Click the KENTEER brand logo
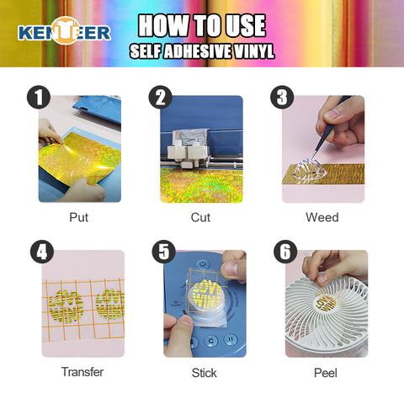click(x=64, y=31)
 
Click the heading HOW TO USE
click(x=202, y=26)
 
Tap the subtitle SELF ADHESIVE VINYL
click(x=202, y=51)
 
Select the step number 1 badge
click(x=39, y=97)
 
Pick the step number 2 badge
click(x=161, y=97)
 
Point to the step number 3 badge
click(x=282, y=97)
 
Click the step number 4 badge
click(x=42, y=252)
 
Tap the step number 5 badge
click(x=164, y=252)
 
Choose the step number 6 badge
click(x=285, y=252)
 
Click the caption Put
click(x=79, y=217)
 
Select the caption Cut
click(x=200, y=217)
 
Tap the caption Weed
click(x=322, y=217)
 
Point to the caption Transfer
click(x=82, y=372)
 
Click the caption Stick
click(x=205, y=373)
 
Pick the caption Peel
click(x=326, y=373)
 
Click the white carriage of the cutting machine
click(x=188, y=154)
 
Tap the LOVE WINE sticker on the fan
click(x=326, y=304)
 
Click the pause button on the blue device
click(x=231, y=339)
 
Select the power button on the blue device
click(x=203, y=264)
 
